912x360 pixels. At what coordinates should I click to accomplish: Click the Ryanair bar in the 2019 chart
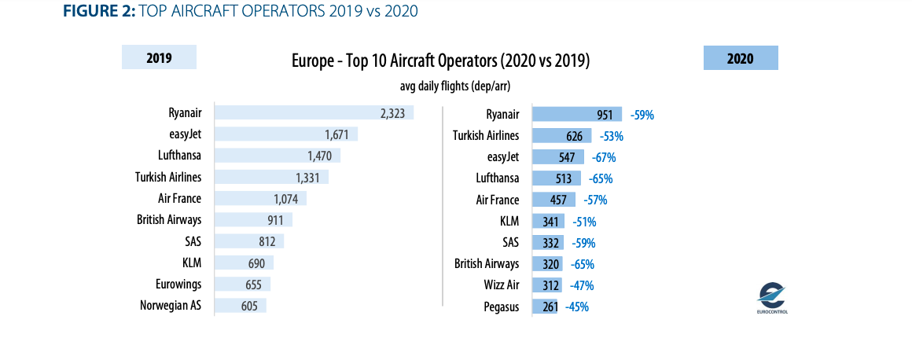(x=314, y=114)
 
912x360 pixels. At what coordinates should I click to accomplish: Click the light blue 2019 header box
(x=159, y=58)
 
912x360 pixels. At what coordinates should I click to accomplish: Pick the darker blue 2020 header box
(x=740, y=58)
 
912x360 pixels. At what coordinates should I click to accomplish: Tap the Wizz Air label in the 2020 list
(x=502, y=285)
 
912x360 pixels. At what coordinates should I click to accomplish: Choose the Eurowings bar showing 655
(x=242, y=285)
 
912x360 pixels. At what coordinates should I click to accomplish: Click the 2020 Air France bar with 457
(x=554, y=200)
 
